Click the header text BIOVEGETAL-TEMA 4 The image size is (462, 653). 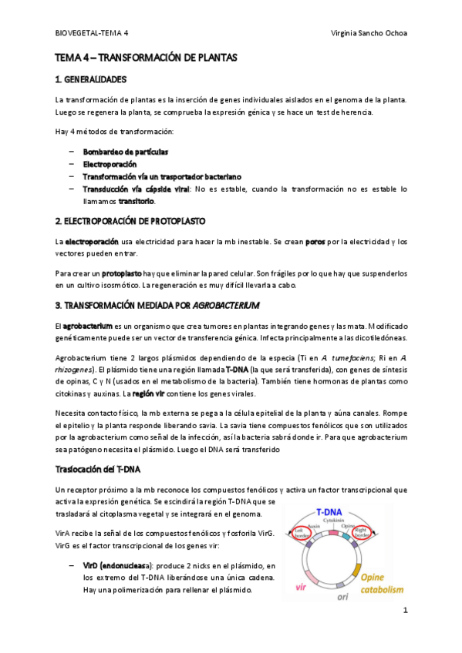pyautogui.click(x=93, y=34)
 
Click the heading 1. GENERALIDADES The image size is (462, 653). pyautogui.click(x=90, y=79)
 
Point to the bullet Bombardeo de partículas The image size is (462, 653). pyautogui.click(x=126, y=152)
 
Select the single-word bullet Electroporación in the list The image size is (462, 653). pyautogui.click(x=110, y=164)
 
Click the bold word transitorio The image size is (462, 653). pyautogui.click(x=136, y=201)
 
